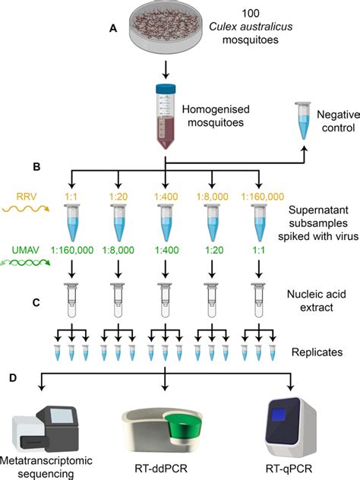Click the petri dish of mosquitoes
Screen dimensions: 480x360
[166, 26]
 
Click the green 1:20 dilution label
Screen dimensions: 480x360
[213, 248]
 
